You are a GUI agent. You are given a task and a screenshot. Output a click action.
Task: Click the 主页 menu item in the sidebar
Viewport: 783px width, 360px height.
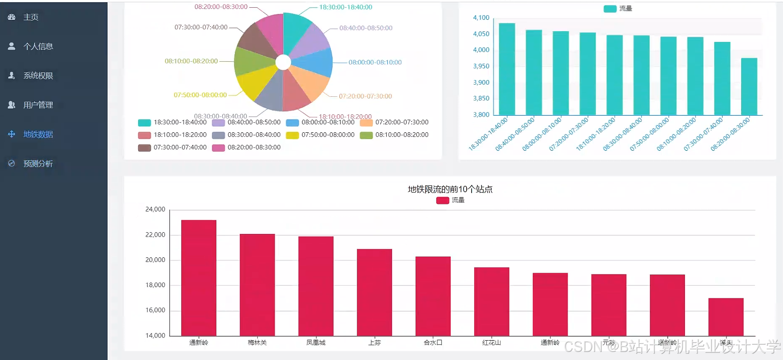click(x=31, y=17)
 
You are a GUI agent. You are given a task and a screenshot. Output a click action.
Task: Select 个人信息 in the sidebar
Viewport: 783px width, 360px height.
click(x=38, y=46)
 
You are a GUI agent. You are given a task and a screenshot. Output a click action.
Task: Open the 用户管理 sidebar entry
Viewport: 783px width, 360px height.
click(x=38, y=105)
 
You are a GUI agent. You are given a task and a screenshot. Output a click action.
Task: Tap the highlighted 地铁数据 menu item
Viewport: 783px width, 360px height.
click(x=38, y=134)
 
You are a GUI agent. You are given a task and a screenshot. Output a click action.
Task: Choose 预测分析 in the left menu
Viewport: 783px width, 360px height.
click(x=38, y=163)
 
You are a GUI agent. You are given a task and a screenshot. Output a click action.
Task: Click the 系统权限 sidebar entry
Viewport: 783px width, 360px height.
click(x=38, y=76)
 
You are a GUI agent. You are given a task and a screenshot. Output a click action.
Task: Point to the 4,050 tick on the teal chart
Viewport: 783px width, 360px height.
click(x=481, y=34)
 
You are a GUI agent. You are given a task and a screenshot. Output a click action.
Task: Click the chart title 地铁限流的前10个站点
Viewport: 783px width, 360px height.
click(x=450, y=189)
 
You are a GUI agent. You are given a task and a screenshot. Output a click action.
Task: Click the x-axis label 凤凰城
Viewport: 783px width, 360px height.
click(x=315, y=342)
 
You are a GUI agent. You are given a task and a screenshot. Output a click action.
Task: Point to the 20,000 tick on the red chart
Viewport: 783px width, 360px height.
click(x=155, y=260)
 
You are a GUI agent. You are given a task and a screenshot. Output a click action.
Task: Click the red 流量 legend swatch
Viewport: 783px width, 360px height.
click(x=442, y=200)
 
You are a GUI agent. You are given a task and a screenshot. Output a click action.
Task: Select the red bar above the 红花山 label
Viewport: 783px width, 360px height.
click(x=491, y=301)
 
